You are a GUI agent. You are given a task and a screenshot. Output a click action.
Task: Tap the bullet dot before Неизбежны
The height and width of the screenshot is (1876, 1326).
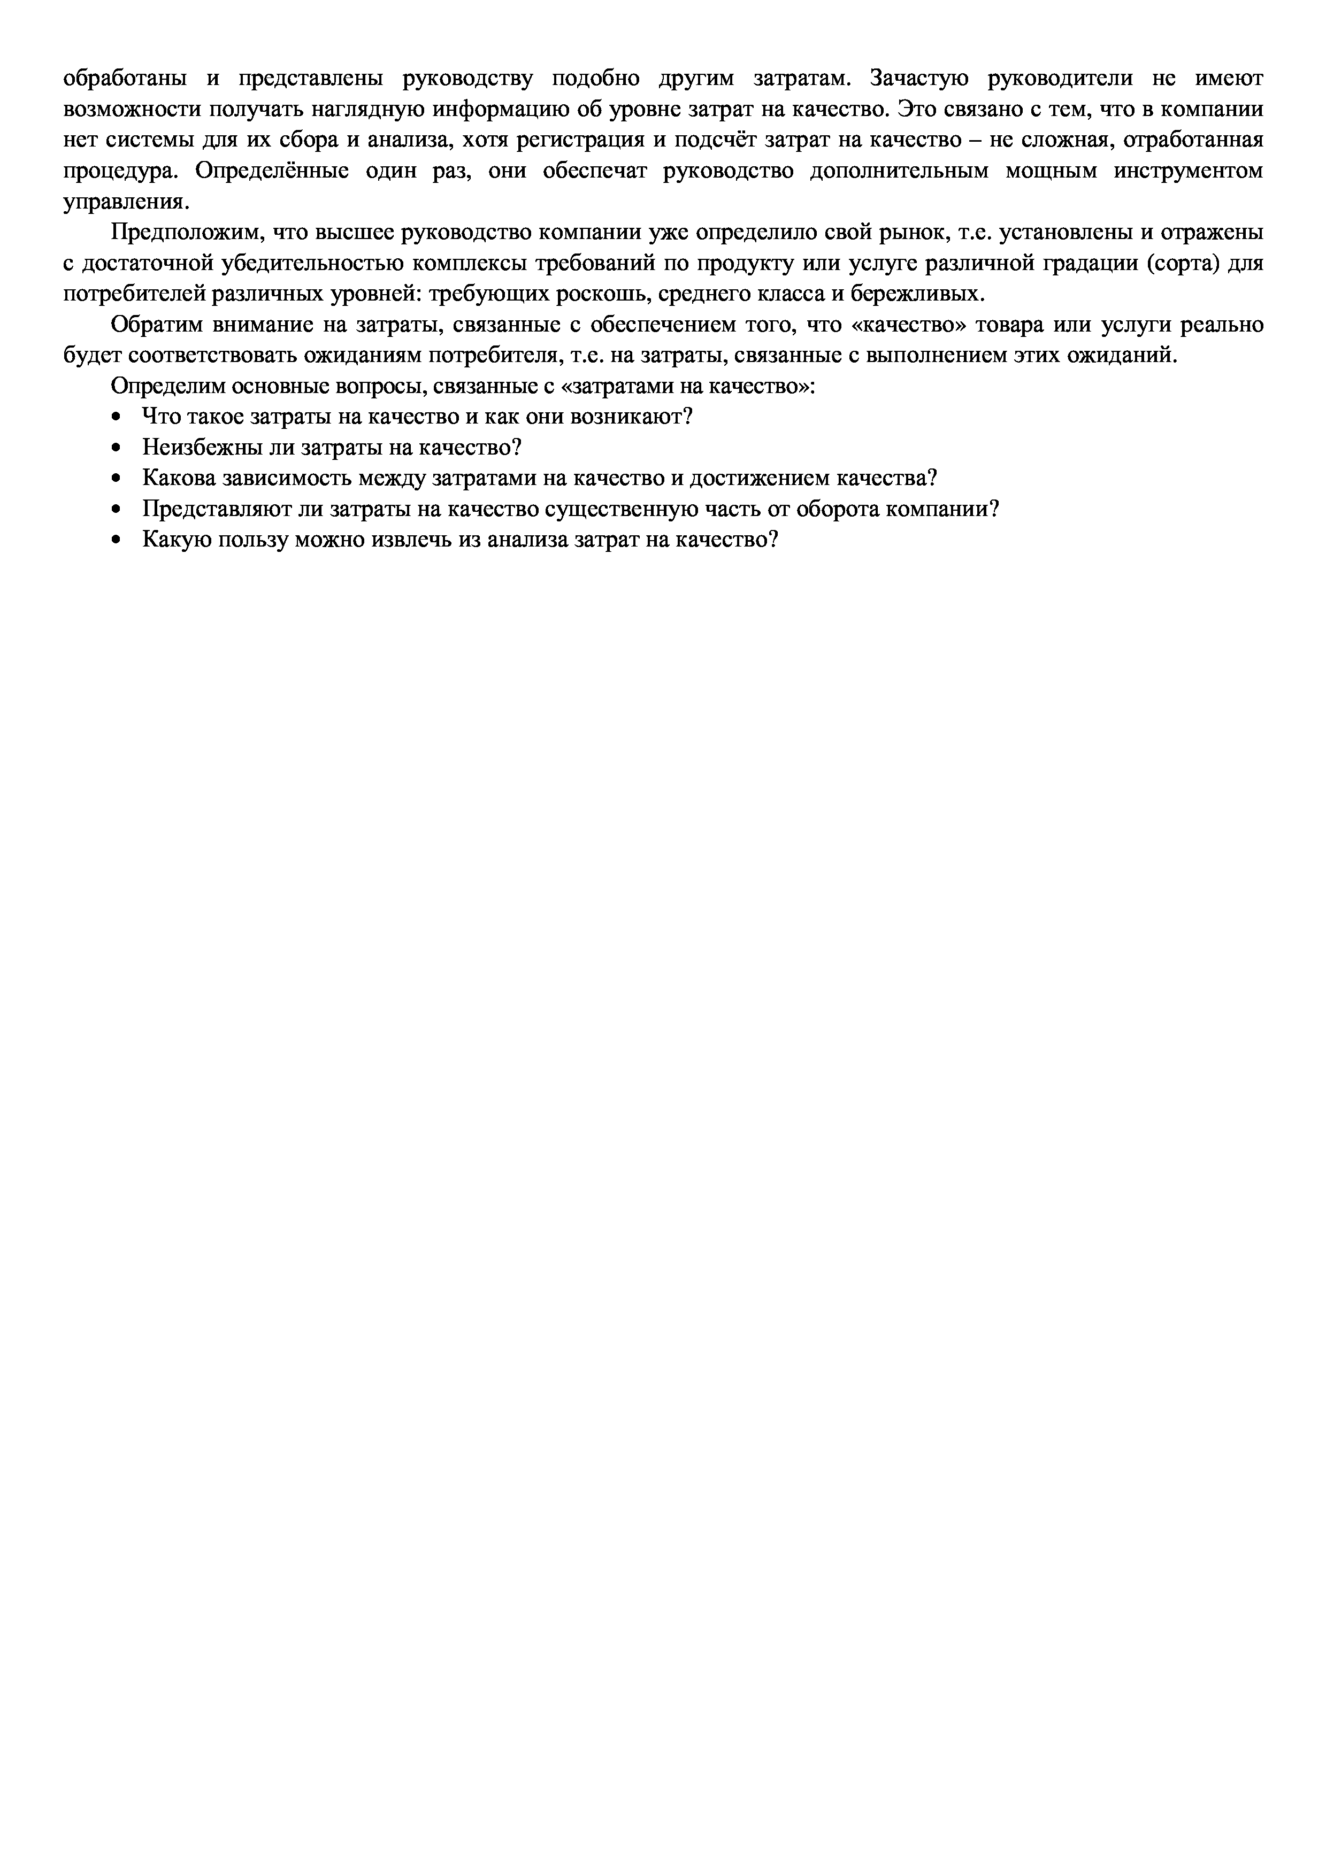pos(116,449)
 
